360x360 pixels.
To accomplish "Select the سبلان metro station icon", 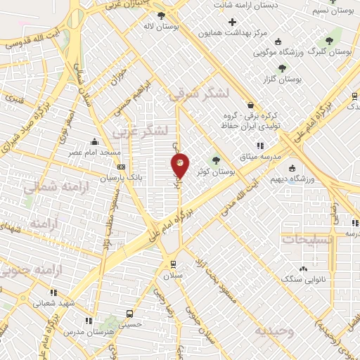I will pyautogui.click(x=172, y=264).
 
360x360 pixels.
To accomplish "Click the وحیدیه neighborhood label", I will pyautogui.click(x=274, y=330).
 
